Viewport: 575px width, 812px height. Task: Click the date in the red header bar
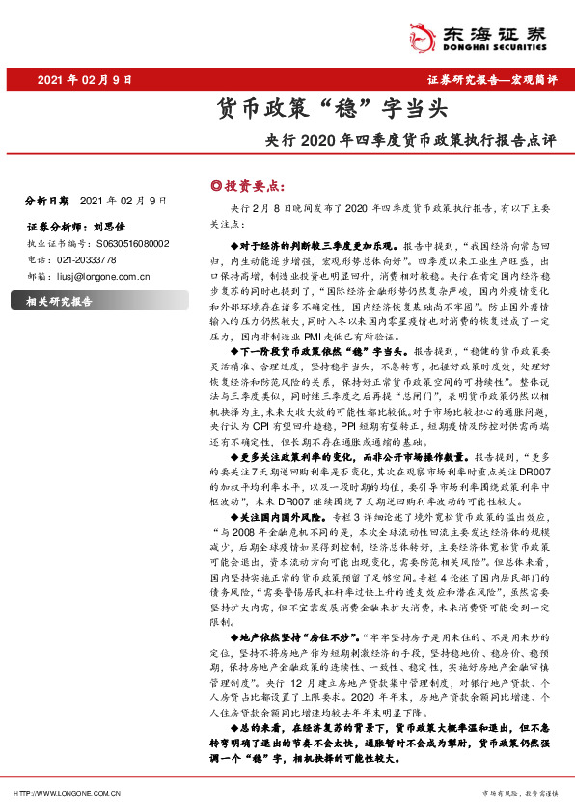[x=83, y=79]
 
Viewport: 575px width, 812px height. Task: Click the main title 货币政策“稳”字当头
[x=287, y=109]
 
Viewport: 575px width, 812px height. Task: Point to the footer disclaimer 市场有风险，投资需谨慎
[x=520, y=793]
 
